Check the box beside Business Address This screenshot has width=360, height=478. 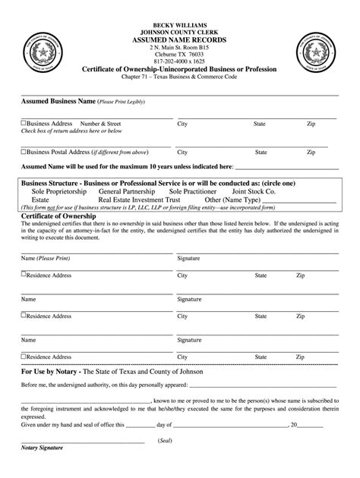click(24, 123)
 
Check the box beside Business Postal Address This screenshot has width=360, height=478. click(24, 152)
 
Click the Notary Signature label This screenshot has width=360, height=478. click(43, 470)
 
